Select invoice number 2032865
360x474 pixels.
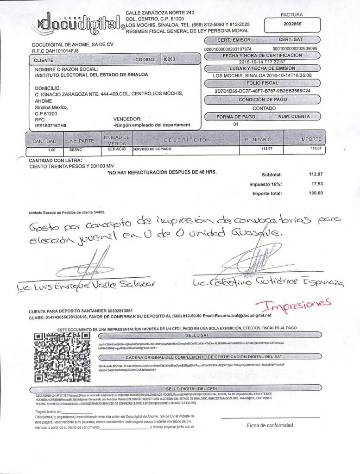(292, 24)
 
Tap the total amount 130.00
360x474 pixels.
(315, 193)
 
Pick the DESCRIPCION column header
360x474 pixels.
(187, 139)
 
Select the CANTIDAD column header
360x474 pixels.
(44, 141)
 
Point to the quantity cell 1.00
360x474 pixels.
(52, 150)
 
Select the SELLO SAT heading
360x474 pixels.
(199, 334)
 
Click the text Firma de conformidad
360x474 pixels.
(270, 425)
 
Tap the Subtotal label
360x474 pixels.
(272, 175)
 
